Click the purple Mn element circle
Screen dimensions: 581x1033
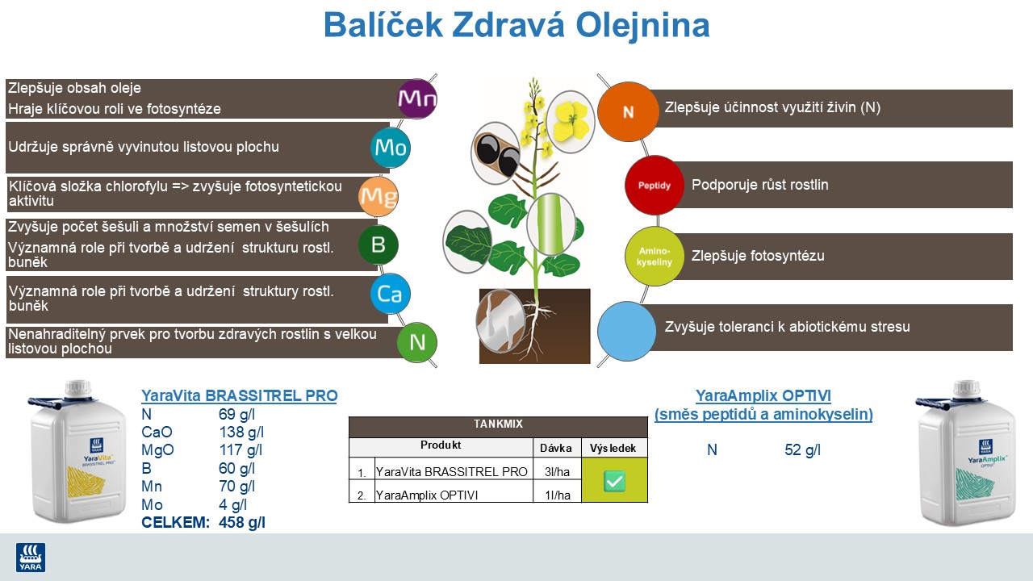(417, 99)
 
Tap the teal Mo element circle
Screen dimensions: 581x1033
(390, 148)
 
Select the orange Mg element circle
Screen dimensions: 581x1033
(378, 196)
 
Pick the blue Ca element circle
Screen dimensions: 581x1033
(391, 295)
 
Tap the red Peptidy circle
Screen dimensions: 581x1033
(655, 185)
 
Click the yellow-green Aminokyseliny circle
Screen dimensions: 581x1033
(655, 256)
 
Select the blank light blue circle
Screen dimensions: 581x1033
(627, 331)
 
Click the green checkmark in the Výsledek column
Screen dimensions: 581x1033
(614, 481)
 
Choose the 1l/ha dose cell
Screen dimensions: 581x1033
(557, 495)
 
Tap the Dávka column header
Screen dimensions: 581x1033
(557, 447)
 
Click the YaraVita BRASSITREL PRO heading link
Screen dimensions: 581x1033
(239, 395)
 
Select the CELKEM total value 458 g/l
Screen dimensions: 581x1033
(241, 523)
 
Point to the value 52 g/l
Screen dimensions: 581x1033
(802, 450)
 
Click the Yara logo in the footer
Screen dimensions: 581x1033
(31, 557)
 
